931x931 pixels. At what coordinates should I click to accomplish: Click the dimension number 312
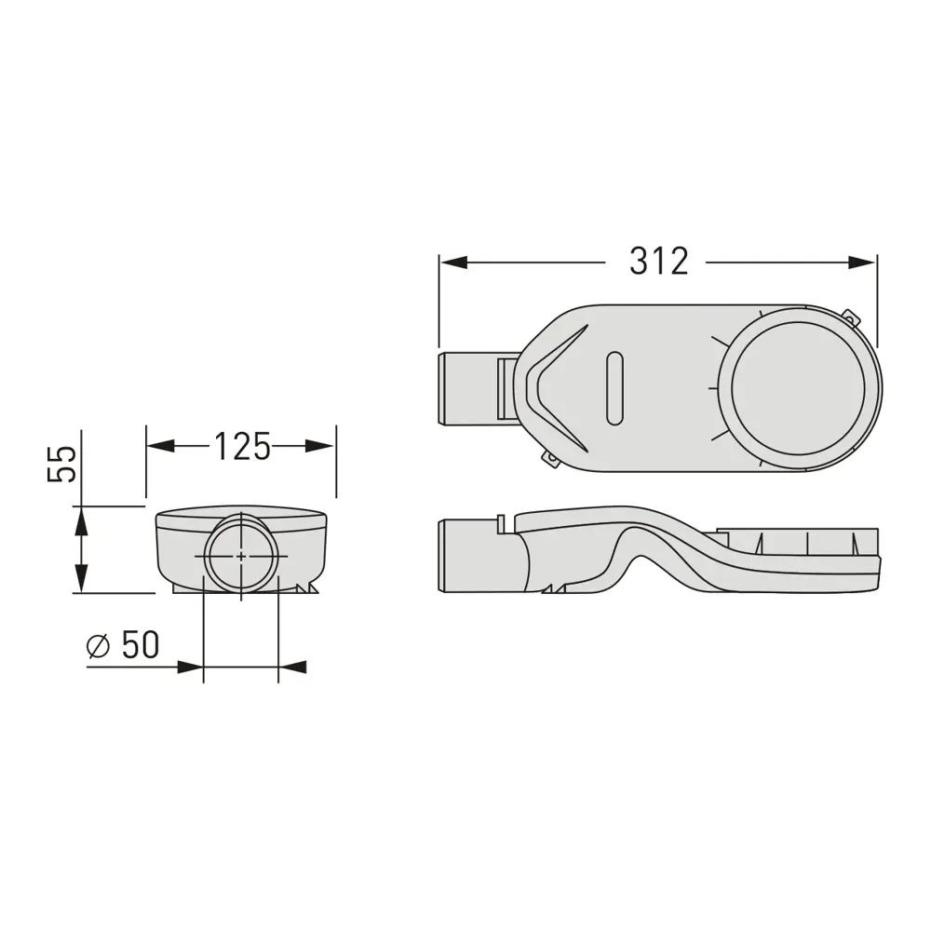[659, 262]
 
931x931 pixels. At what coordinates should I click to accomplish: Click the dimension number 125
[242, 447]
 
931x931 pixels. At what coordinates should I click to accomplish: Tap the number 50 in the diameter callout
[140, 645]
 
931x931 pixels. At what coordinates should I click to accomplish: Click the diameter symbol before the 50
[99, 646]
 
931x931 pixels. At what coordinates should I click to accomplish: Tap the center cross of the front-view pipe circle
[241, 557]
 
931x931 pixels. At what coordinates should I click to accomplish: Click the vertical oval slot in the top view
[613, 388]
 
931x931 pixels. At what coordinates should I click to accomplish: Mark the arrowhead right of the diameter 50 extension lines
[292, 667]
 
